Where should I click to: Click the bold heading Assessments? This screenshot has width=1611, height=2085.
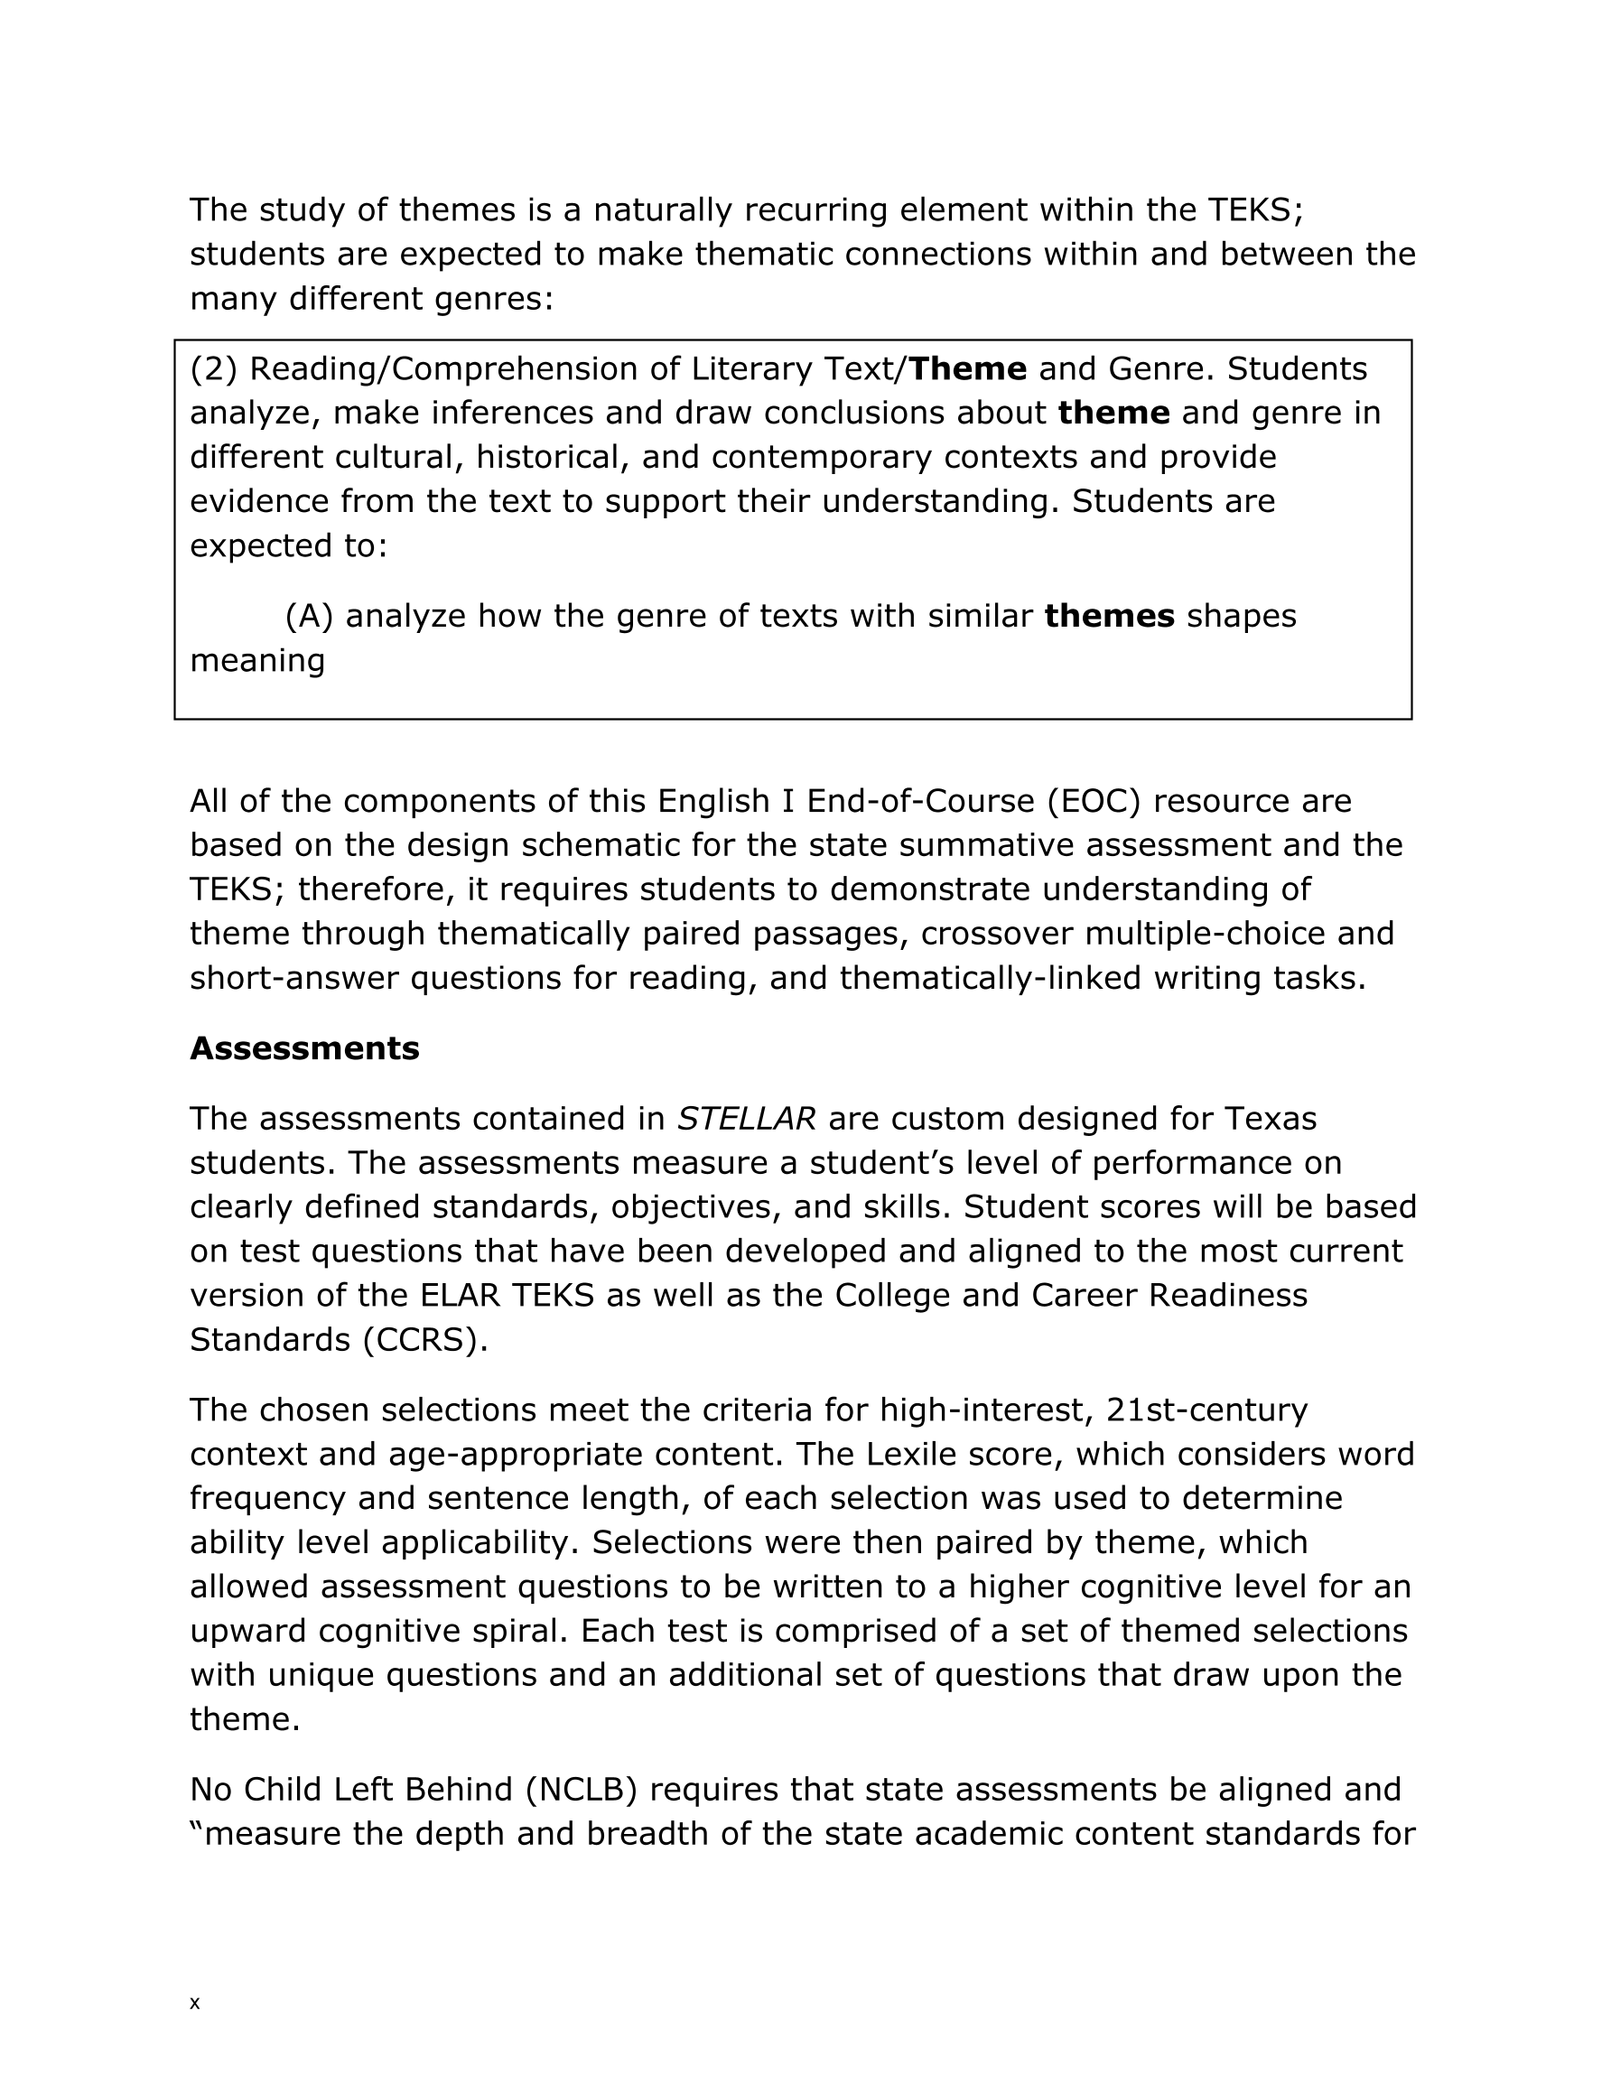tap(304, 1048)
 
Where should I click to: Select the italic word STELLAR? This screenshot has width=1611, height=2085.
tap(746, 1118)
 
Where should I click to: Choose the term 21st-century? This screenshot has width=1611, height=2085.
tap(1206, 1409)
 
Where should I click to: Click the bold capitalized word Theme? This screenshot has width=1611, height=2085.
tap(966, 368)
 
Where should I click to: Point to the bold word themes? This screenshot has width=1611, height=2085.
tap(1109, 616)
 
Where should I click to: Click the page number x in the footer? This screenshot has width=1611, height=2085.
tap(195, 2003)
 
